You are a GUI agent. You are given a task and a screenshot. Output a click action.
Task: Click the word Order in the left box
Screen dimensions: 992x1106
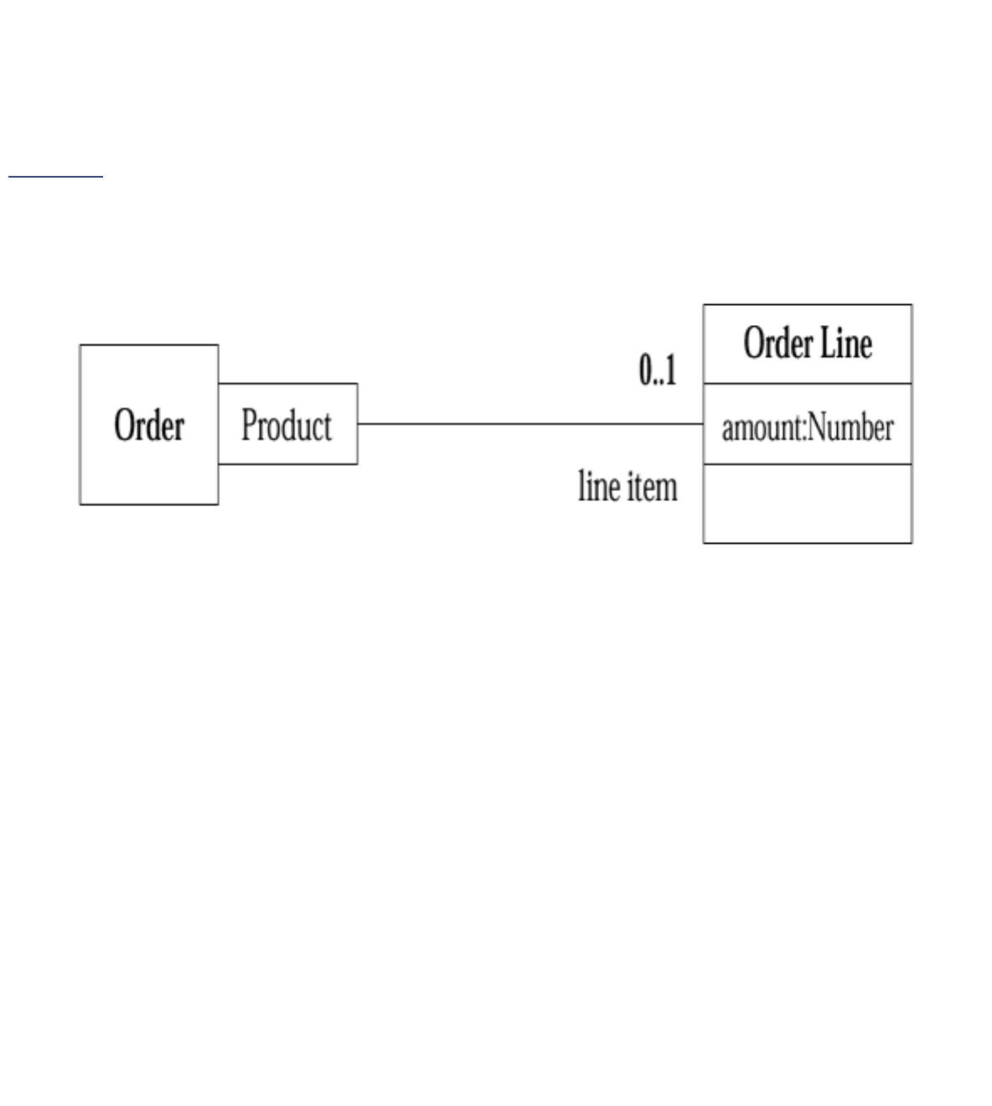coord(149,425)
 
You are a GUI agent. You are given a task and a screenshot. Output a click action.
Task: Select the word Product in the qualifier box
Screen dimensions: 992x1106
coord(287,425)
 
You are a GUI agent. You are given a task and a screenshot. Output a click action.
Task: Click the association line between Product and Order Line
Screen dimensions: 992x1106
coord(530,424)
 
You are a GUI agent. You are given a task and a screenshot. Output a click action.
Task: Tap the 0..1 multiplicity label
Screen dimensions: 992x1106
coord(658,370)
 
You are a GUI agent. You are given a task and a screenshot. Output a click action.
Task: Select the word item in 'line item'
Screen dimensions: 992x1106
coord(651,486)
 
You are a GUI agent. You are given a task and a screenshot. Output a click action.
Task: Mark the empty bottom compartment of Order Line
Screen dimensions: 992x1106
coord(807,504)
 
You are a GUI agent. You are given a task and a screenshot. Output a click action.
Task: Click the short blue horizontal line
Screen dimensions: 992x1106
coord(55,177)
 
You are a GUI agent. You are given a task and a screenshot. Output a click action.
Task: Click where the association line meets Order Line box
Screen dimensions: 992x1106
coord(703,424)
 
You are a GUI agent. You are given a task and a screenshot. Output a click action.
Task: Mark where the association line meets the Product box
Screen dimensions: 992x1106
coord(358,424)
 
